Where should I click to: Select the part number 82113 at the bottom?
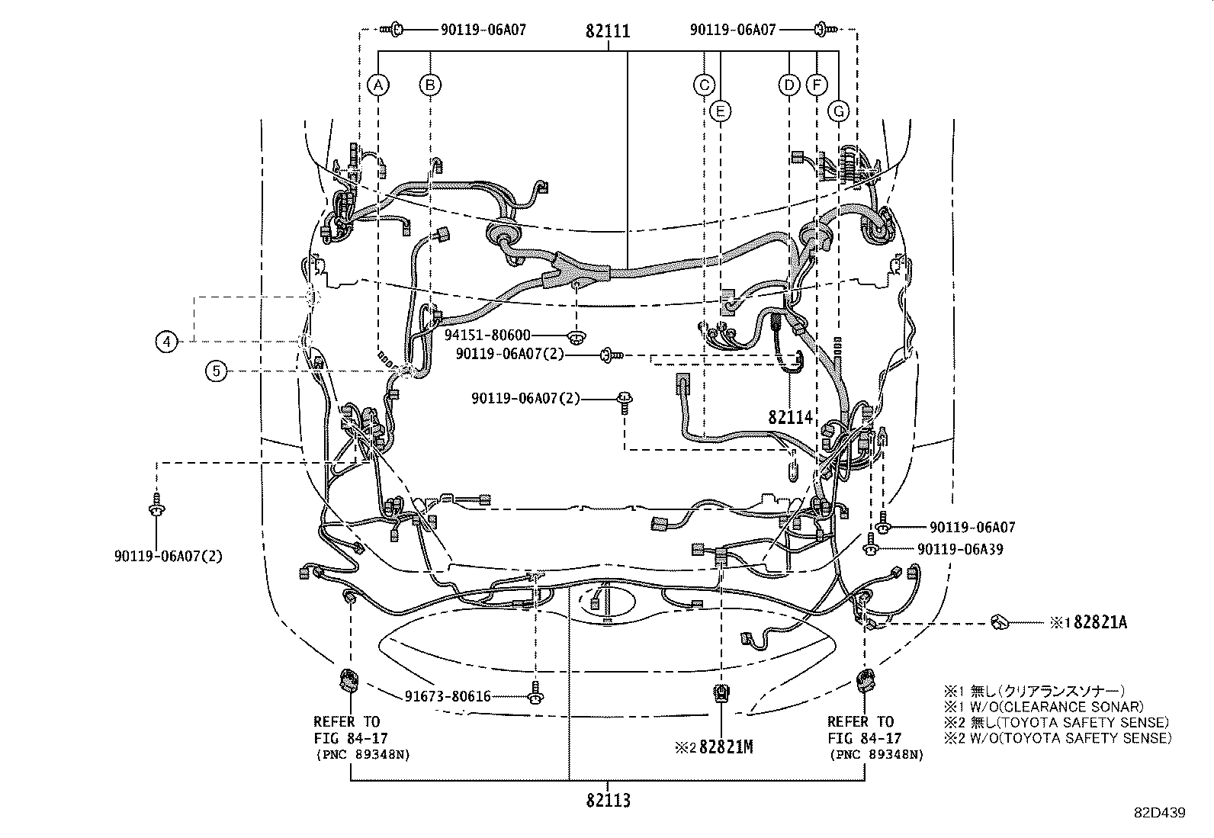(608, 801)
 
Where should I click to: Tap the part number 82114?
(791, 417)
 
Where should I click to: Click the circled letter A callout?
(378, 85)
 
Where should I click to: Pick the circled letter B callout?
(431, 85)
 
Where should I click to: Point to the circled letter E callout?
(719, 111)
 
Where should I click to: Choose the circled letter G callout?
(838, 111)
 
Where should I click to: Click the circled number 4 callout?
(167, 342)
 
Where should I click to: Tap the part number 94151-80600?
(487, 335)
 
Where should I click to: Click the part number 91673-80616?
(448, 696)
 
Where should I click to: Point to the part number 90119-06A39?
(960, 549)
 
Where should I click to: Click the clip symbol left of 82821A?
(999, 622)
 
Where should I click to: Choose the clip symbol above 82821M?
(721, 694)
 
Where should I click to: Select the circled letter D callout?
(789, 85)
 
